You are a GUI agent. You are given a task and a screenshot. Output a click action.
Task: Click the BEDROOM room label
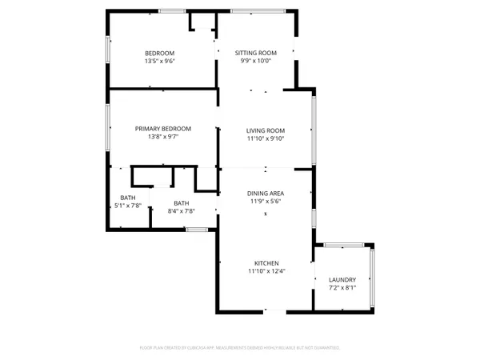coord(159,53)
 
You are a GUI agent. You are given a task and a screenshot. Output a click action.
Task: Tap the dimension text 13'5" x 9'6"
coord(159,61)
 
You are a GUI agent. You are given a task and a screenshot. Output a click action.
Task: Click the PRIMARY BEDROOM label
coord(162,129)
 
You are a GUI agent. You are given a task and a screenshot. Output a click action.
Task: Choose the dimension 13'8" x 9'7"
coord(162,137)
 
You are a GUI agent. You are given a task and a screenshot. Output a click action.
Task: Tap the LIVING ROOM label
coord(266,130)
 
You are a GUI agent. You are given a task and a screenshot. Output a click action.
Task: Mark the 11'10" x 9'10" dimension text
coord(266,138)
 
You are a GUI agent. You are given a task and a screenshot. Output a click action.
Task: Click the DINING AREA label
coord(266,194)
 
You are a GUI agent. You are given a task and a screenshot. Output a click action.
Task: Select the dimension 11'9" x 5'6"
coord(266,202)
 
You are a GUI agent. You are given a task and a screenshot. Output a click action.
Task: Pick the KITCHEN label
coord(266,263)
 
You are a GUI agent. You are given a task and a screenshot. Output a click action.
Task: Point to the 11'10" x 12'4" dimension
coord(266,271)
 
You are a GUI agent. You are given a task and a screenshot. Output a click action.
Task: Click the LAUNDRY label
coord(342,279)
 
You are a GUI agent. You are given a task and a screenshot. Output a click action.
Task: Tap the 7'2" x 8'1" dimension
coord(342,287)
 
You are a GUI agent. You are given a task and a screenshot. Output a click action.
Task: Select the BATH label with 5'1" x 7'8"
coord(128,198)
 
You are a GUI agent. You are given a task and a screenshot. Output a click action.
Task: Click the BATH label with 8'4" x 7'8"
coord(182,203)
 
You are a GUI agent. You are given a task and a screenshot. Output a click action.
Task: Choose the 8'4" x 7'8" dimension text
coord(182,211)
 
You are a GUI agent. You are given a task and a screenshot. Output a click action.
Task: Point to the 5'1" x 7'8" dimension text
coord(128,206)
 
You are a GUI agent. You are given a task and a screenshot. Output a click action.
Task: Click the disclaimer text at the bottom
coord(240,348)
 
